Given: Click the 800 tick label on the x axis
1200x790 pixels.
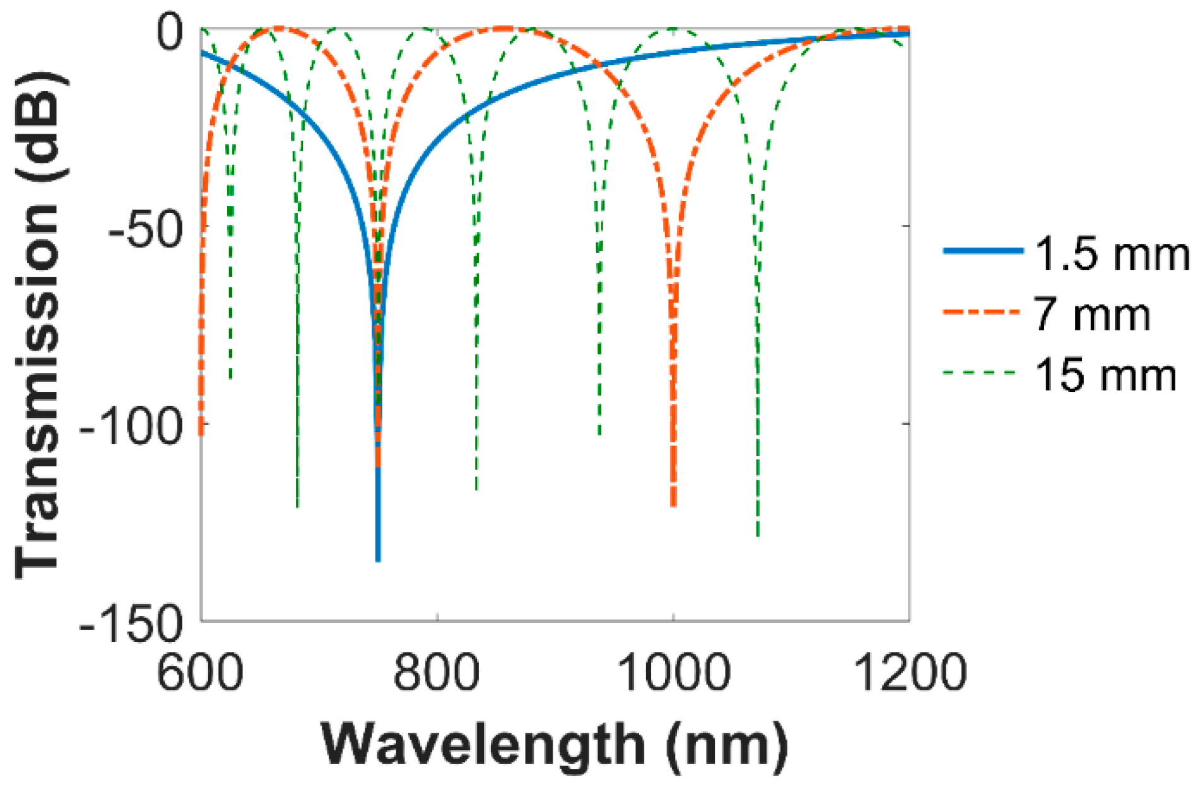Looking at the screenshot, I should pyautogui.click(x=437, y=673).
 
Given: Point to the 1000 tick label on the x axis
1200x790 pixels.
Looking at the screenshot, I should pyautogui.click(x=674, y=673).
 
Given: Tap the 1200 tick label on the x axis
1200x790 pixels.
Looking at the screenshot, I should pyautogui.click(x=909, y=673).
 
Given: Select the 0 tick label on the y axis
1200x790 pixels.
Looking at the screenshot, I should pyautogui.click(x=169, y=33).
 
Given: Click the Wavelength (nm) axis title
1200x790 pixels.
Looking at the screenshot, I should pyautogui.click(x=555, y=745).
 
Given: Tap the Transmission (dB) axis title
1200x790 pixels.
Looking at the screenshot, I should pyautogui.click(x=39, y=324).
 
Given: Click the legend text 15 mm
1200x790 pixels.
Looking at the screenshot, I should pyautogui.click(x=1105, y=375).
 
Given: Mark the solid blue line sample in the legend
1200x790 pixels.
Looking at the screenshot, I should pyautogui.click(x=982, y=251).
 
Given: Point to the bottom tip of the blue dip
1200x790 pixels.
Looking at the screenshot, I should pyautogui.click(x=378, y=559).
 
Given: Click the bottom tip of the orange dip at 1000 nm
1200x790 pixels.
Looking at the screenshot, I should pyautogui.click(x=674, y=504).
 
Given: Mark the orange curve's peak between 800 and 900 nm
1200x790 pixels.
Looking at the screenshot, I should pyautogui.click(x=502, y=28).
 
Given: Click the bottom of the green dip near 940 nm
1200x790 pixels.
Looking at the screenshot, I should pyautogui.click(x=599, y=434).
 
